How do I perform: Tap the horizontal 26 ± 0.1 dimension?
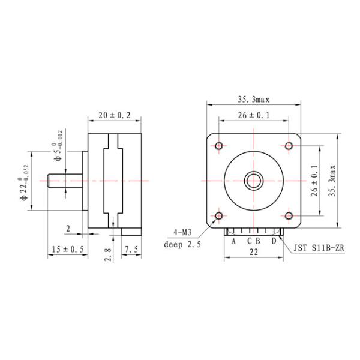[254, 115]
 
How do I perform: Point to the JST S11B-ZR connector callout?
[319, 247]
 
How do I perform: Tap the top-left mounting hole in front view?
[219, 145]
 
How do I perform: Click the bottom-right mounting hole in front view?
[289, 215]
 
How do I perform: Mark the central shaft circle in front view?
[254, 180]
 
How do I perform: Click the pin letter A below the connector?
[233, 241]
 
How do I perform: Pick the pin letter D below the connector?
[274, 241]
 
